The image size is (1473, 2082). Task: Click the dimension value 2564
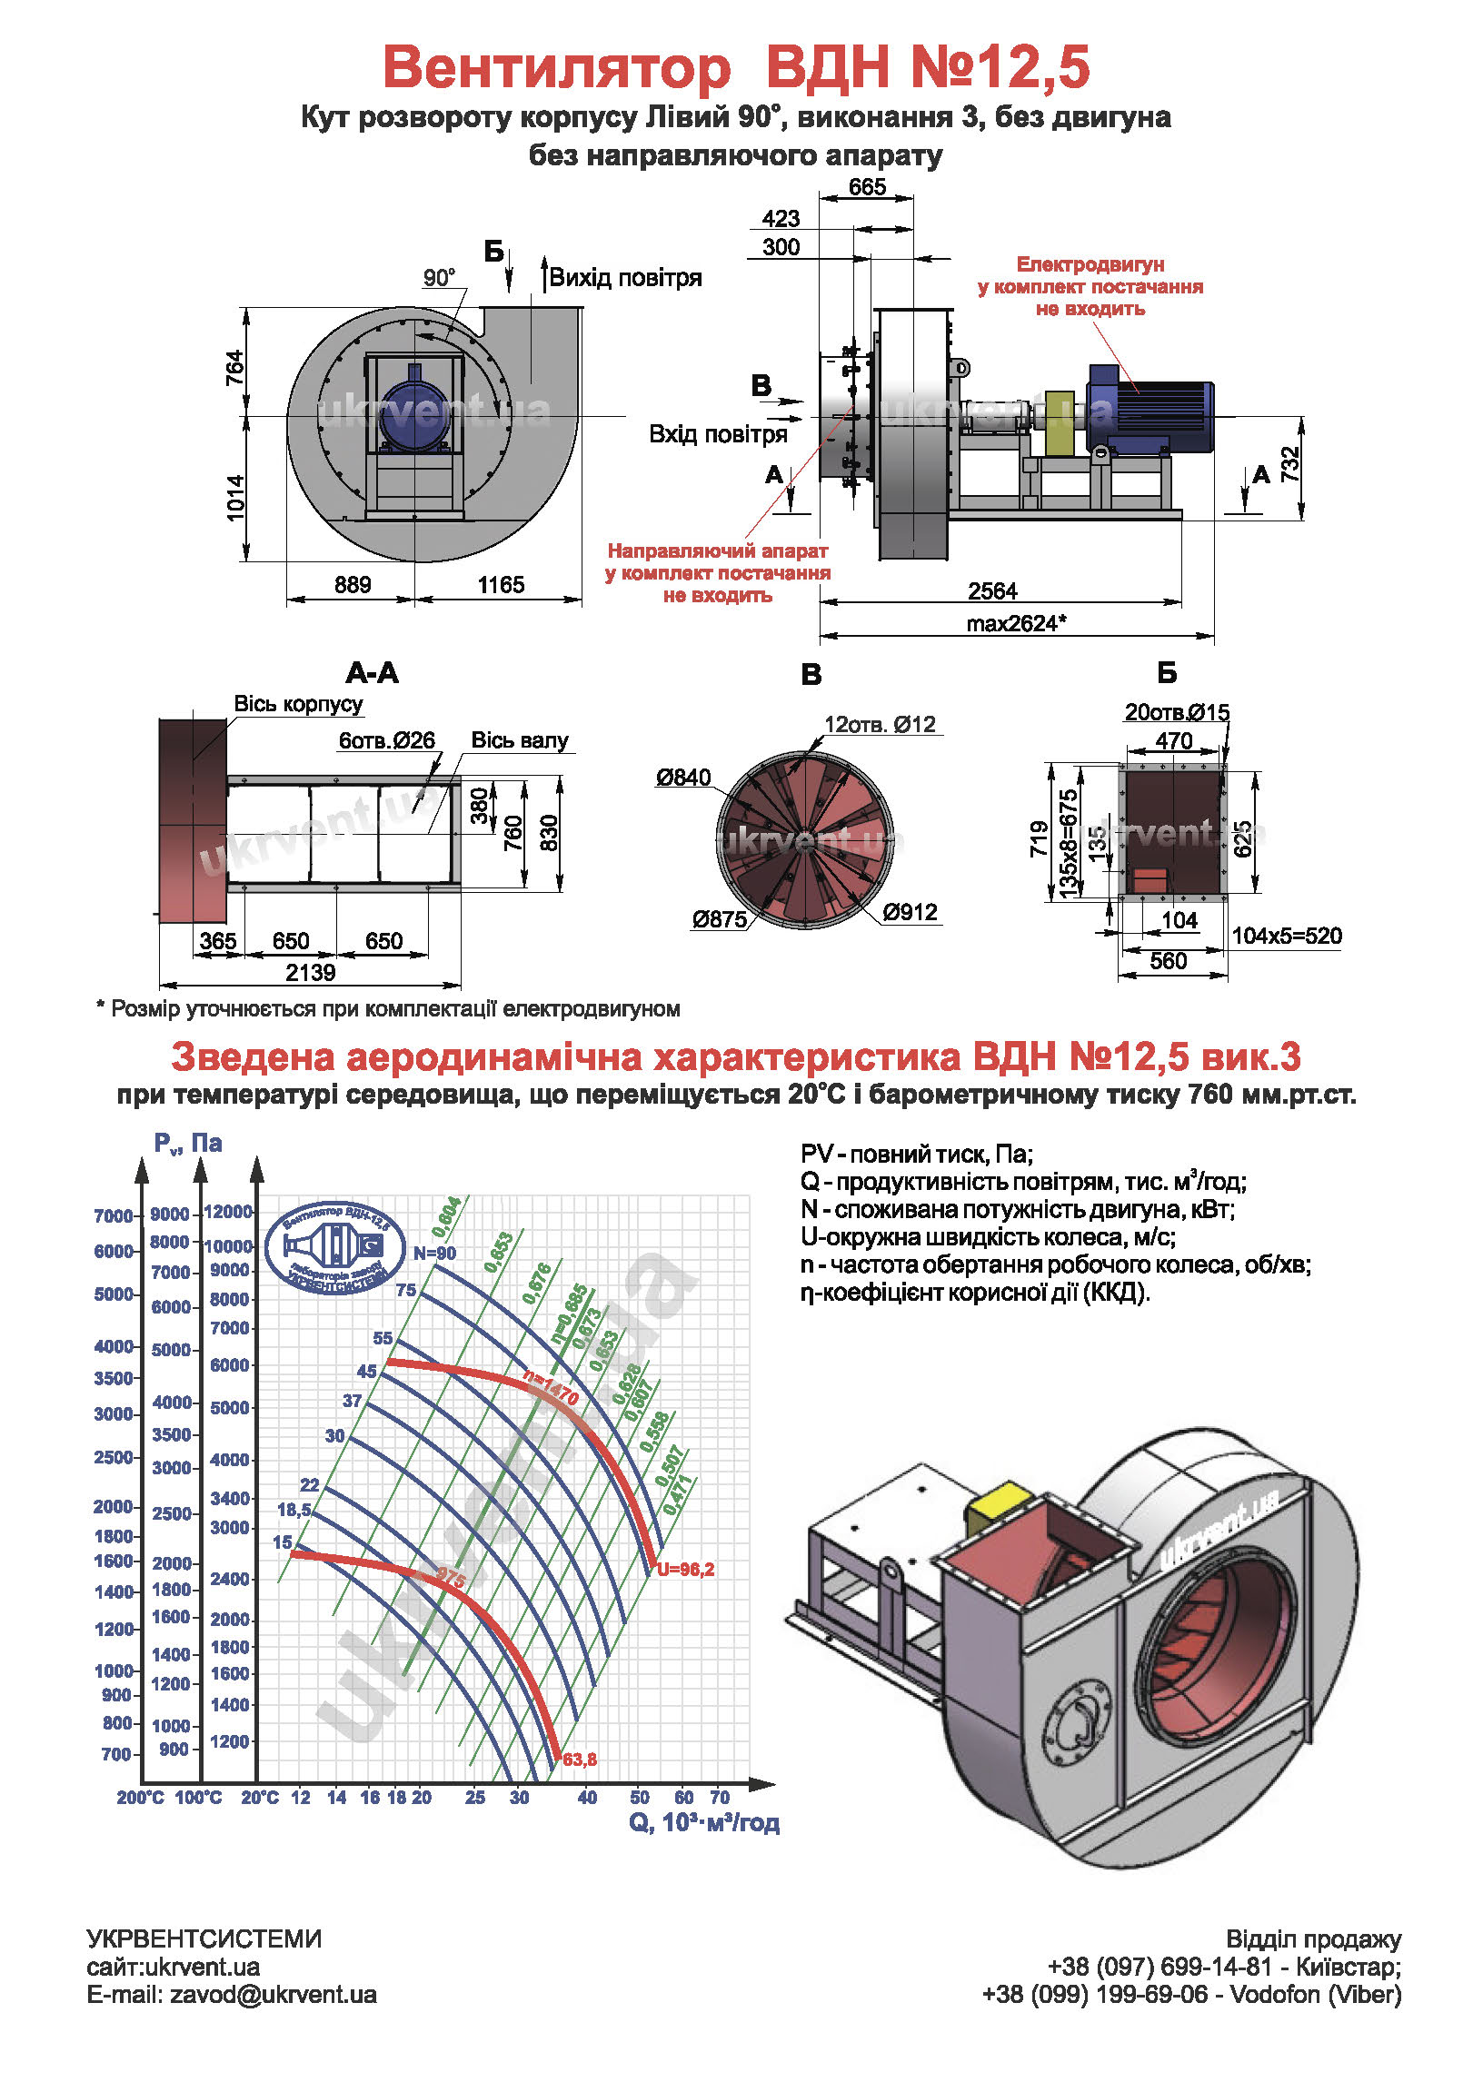pyautogui.click(x=992, y=591)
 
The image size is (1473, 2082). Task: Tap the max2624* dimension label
pyautogui.click(x=1016, y=624)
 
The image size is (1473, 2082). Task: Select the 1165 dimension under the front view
pyautogui.click(x=501, y=585)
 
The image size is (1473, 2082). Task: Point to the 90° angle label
pyautogui.click(x=440, y=277)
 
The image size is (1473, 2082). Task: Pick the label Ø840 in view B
pyautogui.click(x=683, y=778)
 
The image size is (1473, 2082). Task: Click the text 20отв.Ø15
pyautogui.click(x=1177, y=712)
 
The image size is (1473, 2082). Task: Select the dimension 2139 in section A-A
pyautogui.click(x=311, y=973)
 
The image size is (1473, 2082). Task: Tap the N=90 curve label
pyautogui.click(x=435, y=1254)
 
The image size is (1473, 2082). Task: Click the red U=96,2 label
pyautogui.click(x=686, y=1570)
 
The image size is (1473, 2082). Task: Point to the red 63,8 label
pyautogui.click(x=580, y=1760)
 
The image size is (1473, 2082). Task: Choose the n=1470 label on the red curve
pyautogui.click(x=551, y=1387)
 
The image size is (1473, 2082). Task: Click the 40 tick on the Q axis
pyautogui.click(x=588, y=1797)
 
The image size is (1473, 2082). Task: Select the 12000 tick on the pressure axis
pyautogui.click(x=228, y=1212)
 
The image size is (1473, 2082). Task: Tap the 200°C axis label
pyautogui.click(x=140, y=1797)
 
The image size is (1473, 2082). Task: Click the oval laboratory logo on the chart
pyautogui.click(x=334, y=1247)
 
